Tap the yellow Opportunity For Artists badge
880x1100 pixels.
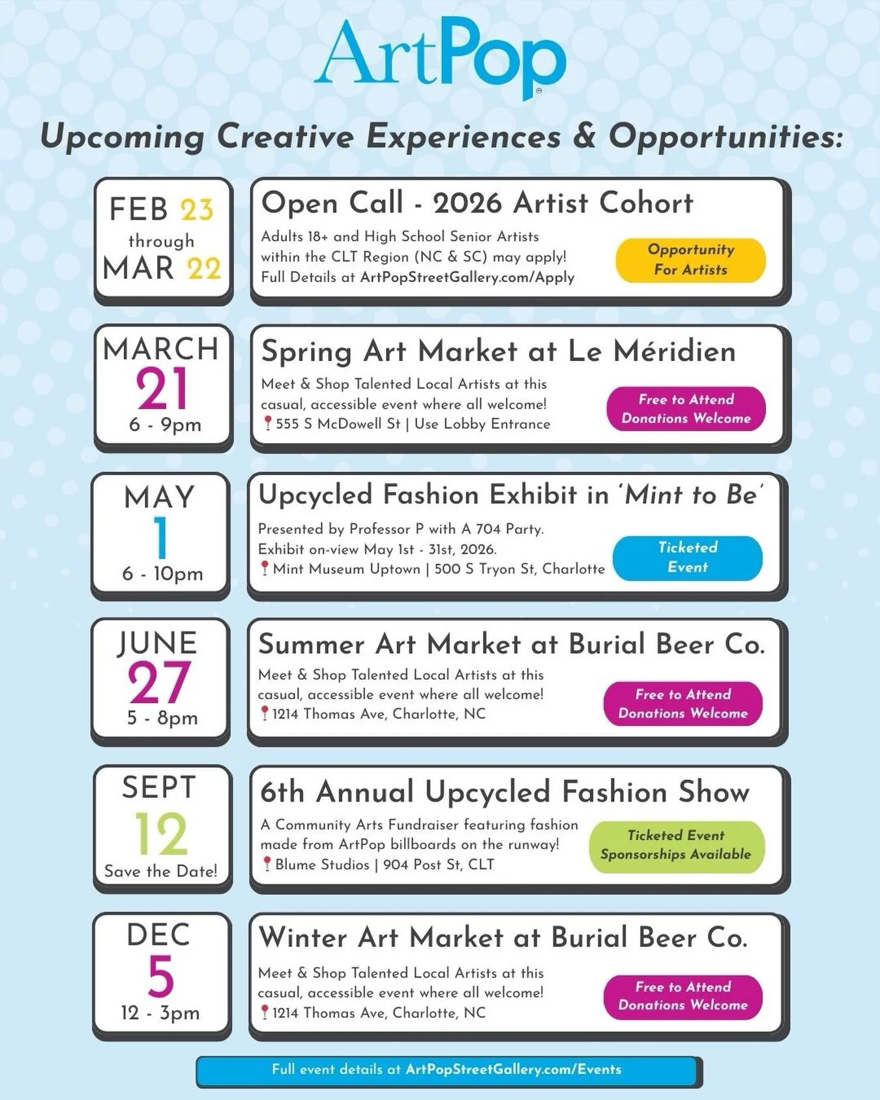click(x=690, y=260)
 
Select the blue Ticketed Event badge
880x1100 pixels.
click(x=687, y=558)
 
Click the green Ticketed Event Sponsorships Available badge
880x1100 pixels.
click(x=676, y=845)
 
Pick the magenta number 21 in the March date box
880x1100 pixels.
click(x=162, y=389)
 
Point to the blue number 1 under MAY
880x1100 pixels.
click(x=160, y=538)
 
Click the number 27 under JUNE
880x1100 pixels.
click(x=159, y=683)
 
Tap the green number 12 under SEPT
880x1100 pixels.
click(x=161, y=833)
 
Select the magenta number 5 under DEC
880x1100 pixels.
click(x=160, y=976)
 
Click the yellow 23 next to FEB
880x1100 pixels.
click(x=197, y=210)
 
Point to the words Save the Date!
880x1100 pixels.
click(x=161, y=871)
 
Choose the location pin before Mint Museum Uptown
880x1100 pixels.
click(x=264, y=569)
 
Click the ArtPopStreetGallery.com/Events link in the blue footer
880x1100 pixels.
click(x=513, y=1069)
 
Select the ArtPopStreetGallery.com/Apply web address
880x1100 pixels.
click(x=467, y=277)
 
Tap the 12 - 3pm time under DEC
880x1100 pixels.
click(x=160, y=1013)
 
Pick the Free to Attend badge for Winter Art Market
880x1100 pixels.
click(x=682, y=996)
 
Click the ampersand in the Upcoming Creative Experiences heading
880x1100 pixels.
click(x=584, y=136)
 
